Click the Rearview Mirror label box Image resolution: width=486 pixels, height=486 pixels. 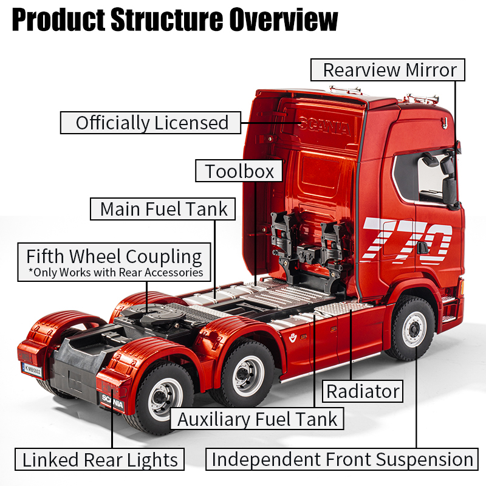click(x=388, y=70)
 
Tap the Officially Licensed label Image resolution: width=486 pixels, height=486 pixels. click(x=151, y=123)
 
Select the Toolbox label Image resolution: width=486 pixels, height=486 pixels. click(x=239, y=171)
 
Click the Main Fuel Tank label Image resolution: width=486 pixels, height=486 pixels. click(x=163, y=209)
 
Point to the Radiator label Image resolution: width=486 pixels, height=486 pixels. click(x=363, y=391)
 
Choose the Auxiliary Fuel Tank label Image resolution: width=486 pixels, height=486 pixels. click(x=257, y=419)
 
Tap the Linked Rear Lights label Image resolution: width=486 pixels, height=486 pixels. click(x=100, y=459)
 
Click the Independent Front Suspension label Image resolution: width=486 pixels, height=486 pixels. click(x=342, y=459)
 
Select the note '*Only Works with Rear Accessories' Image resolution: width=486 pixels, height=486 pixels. click(x=115, y=272)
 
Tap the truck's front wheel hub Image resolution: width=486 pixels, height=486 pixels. click(x=414, y=329)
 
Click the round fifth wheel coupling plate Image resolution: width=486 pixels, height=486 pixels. click(x=154, y=313)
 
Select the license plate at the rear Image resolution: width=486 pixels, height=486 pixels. click(x=32, y=369)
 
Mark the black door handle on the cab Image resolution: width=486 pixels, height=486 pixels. click(x=422, y=248)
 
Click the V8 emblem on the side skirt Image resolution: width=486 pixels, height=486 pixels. click(x=293, y=338)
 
